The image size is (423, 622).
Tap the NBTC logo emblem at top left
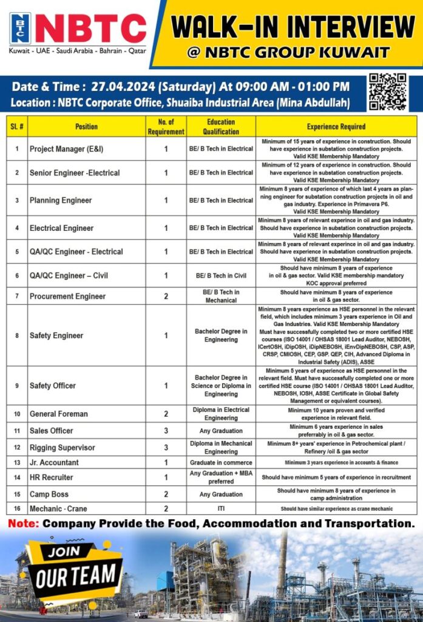tap(20, 29)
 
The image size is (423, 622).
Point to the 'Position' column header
tap(86, 127)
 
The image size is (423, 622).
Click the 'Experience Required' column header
tap(336, 127)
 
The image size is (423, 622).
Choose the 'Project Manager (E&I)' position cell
tap(70, 149)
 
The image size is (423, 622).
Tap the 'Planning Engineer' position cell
tap(61, 200)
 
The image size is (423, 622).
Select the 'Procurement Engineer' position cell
tap(67, 296)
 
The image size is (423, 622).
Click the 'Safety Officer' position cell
tap(53, 386)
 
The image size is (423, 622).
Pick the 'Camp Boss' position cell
tap(49, 494)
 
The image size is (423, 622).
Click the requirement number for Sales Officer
tap(166, 431)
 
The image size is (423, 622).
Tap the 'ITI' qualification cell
tap(221, 508)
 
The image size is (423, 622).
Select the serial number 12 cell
tap(17, 448)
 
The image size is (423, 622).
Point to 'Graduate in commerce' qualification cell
tap(221, 463)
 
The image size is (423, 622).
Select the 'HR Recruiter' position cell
tap(52, 478)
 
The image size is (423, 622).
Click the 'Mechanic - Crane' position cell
tap(58, 508)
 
